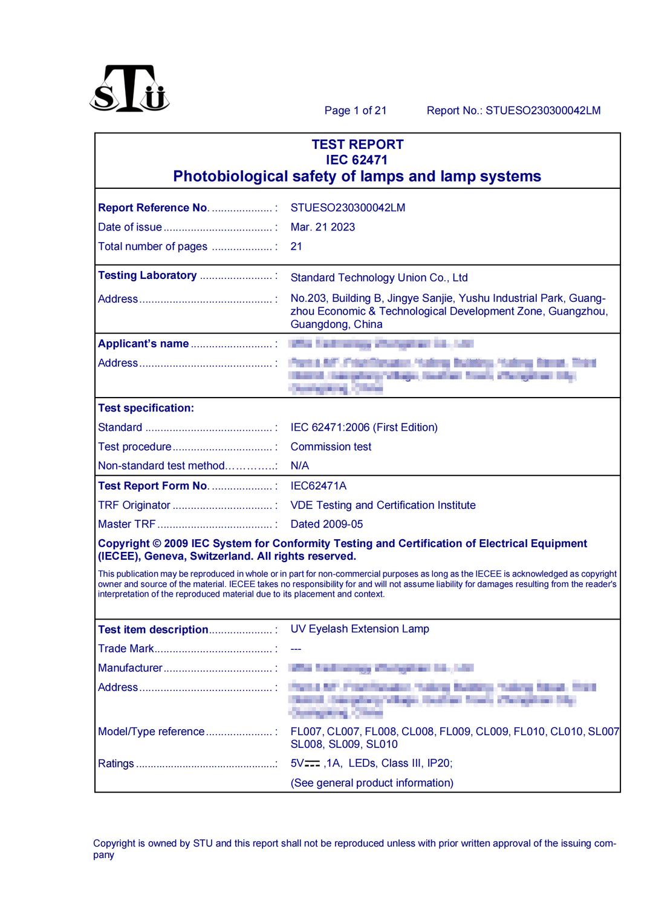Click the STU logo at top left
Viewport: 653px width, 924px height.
point(129,90)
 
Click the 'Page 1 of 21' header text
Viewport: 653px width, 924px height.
point(355,111)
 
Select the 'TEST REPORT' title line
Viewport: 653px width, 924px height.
point(357,145)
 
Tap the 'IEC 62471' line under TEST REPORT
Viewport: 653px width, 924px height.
point(357,160)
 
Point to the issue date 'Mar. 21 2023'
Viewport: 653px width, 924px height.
point(322,228)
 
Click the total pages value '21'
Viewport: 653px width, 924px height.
point(296,247)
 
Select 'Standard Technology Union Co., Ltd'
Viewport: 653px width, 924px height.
point(378,278)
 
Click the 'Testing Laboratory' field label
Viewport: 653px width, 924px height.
point(147,276)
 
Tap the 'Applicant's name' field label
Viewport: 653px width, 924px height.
point(143,344)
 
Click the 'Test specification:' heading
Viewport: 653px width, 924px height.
point(146,408)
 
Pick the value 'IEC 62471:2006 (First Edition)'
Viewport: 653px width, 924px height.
point(363,428)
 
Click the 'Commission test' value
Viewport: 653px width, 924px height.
point(331,447)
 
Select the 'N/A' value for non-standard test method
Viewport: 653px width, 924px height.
point(299,466)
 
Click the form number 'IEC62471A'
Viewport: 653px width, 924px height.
point(318,486)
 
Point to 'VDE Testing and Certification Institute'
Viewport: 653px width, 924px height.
point(383,505)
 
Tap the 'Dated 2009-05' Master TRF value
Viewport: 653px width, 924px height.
point(326,525)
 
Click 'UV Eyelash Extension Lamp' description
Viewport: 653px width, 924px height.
point(360,629)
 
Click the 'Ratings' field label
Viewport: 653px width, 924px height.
point(116,764)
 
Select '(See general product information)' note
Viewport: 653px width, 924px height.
point(372,783)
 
